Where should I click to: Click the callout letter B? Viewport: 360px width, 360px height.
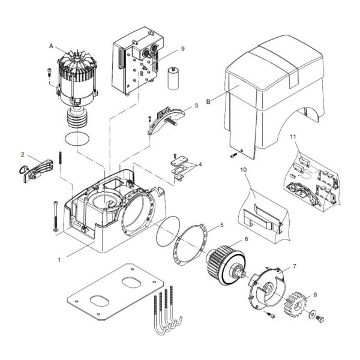(x=208, y=103)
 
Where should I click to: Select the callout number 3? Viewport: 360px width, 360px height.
(x=196, y=106)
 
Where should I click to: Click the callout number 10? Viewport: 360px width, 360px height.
(x=243, y=170)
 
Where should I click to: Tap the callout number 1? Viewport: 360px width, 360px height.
(x=59, y=260)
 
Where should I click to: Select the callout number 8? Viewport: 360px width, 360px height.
(x=316, y=295)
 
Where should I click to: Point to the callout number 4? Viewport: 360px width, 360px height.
(x=200, y=163)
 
